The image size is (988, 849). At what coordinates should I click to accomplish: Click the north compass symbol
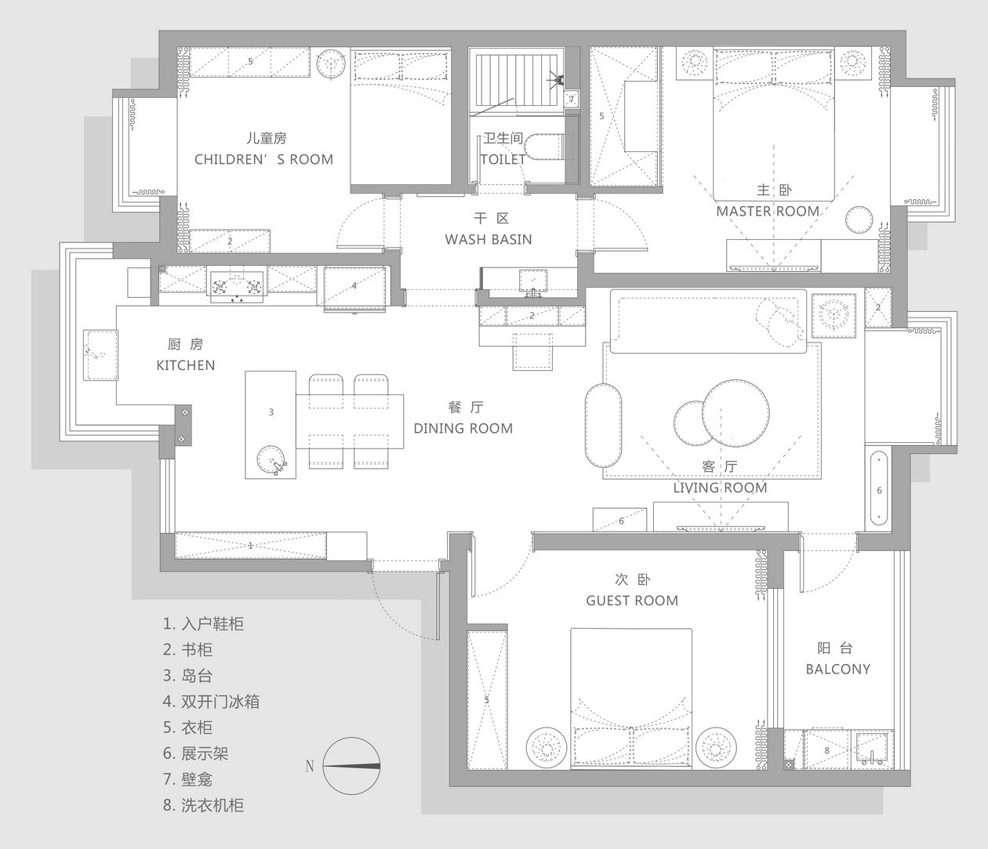click(x=351, y=766)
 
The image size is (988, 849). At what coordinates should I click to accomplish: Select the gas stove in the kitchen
click(x=237, y=286)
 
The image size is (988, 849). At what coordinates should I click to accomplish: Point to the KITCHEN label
click(x=186, y=365)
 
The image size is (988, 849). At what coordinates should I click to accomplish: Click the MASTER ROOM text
click(x=768, y=211)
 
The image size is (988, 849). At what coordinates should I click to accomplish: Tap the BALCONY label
click(x=838, y=669)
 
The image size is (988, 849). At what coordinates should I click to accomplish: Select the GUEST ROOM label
click(x=632, y=600)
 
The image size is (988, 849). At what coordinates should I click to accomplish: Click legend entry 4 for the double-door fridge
click(x=211, y=702)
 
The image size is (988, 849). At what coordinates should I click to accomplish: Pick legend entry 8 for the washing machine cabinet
click(x=203, y=805)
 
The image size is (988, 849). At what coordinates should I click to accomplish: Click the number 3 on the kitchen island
click(x=271, y=412)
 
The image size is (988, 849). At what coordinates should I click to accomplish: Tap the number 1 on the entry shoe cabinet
click(x=250, y=545)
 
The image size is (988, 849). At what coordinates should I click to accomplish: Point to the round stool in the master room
click(x=859, y=220)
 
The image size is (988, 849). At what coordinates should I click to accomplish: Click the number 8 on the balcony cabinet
click(x=827, y=750)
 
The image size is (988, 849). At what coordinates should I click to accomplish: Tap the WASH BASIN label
click(x=488, y=239)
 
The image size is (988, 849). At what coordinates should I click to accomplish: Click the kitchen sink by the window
click(x=100, y=354)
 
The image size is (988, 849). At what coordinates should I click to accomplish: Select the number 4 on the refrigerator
click(x=354, y=285)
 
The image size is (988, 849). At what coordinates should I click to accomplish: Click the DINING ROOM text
click(x=463, y=428)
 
